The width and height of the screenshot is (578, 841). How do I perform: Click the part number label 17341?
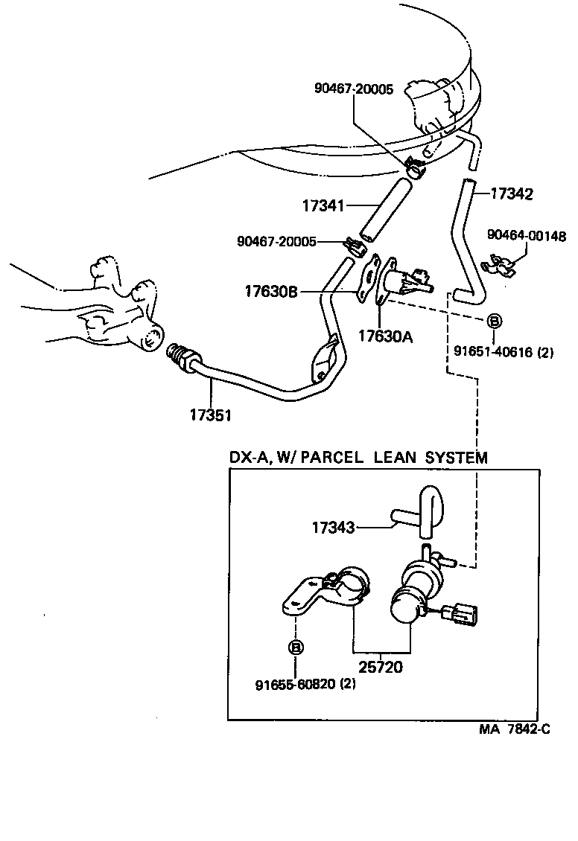pos(324,204)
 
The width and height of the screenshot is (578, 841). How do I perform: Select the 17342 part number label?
pos(512,194)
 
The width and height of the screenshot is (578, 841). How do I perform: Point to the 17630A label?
pos(385,336)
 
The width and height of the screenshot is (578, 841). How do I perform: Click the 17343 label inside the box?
pos(334,528)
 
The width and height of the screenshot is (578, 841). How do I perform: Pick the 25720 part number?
pos(381,667)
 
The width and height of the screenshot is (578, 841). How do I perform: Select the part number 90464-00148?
pos(526,236)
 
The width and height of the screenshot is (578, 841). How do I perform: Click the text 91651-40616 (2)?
pos(504,353)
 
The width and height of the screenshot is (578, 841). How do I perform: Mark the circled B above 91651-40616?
pos(494,322)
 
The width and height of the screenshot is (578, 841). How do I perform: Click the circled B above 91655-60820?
pos(296,647)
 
